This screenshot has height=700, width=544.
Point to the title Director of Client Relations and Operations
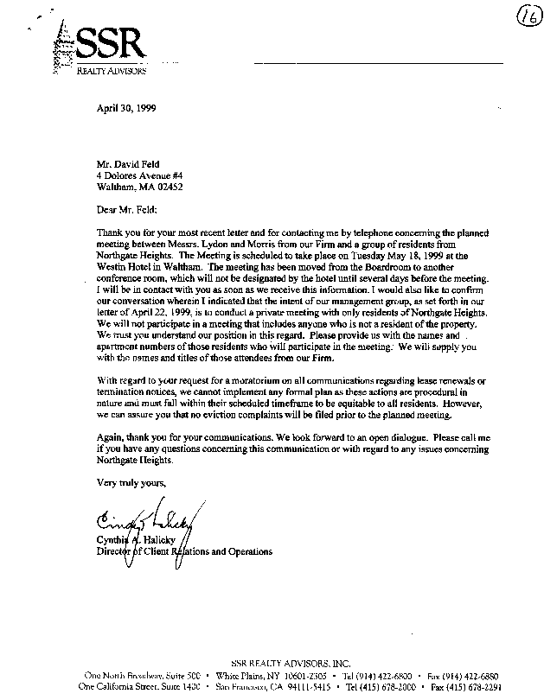click(x=184, y=550)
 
